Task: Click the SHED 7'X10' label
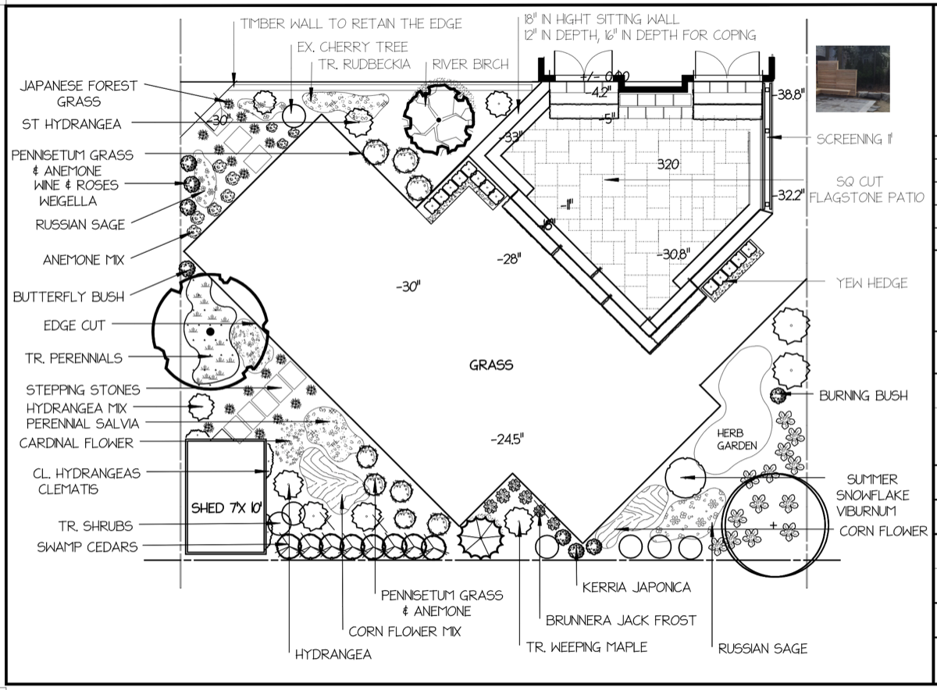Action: (226, 508)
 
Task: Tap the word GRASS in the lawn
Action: (491, 365)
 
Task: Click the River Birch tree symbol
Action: (438, 119)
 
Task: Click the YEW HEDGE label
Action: (871, 283)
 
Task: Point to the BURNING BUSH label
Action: (863, 396)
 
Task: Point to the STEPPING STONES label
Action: (83, 389)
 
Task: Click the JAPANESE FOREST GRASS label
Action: (78, 94)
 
